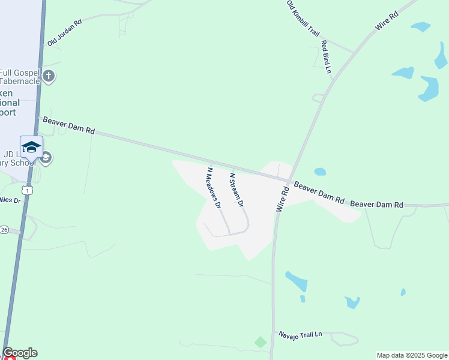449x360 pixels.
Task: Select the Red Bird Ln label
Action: click(326, 57)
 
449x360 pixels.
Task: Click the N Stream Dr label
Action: click(237, 190)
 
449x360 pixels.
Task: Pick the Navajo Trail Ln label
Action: click(300, 334)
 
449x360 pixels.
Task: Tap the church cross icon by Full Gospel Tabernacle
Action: click(49, 76)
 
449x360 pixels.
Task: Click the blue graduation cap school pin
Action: click(31, 147)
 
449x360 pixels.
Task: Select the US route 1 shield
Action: click(27, 190)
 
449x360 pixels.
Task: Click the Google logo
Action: click(20, 353)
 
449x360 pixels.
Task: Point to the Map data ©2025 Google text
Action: click(411, 355)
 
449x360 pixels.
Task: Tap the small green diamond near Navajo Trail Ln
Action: click(260, 342)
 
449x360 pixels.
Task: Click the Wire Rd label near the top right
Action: click(387, 21)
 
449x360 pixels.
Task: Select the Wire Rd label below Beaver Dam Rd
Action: click(283, 199)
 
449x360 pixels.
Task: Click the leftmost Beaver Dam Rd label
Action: click(69, 125)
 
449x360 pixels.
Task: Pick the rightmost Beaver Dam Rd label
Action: click(377, 205)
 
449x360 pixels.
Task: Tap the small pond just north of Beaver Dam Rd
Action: click(319, 172)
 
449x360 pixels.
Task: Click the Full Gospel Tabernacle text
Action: click(20, 77)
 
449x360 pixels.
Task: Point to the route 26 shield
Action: click(4, 230)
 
